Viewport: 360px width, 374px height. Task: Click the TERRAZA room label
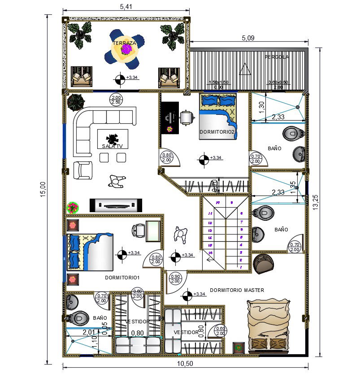[124, 43]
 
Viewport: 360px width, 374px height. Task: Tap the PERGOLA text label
[277, 57]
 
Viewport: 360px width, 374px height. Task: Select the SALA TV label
[112, 146]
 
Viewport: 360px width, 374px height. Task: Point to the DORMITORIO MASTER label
[237, 290]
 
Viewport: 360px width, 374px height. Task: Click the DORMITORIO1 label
[122, 278]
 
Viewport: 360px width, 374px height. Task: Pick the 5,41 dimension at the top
[126, 7]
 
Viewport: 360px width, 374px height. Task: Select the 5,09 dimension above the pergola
[248, 38]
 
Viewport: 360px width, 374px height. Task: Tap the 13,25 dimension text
[316, 202]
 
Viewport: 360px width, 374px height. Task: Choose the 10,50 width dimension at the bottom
[185, 364]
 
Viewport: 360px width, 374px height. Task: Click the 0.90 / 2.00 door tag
[175, 279]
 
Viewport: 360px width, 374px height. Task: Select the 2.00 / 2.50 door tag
[116, 100]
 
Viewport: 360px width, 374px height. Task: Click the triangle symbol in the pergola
[245, 69]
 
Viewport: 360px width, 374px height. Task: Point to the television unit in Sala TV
[116, 205]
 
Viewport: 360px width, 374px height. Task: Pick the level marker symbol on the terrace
[120, 79]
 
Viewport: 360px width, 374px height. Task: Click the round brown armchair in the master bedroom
[265, 264]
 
